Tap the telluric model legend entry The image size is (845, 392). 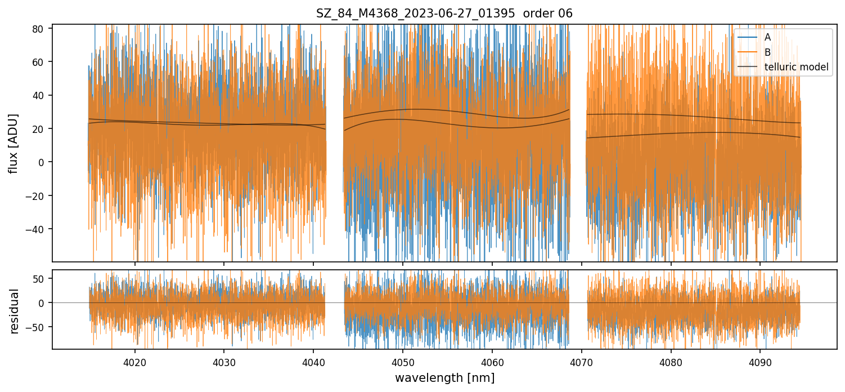pyautogui.click(x=796, y=68)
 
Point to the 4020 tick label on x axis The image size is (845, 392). pyautogui.click(x=135, y=363)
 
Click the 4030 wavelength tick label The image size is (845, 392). pyautogui.click(x=224, y=363)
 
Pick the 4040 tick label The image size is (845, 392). pyautogui.click(x=313, y=363)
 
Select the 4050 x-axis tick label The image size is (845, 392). pyautogui.click(x=403, y=363)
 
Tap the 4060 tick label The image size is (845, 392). pyautogui.click(x=492, y=363)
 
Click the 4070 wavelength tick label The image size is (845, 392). pyautogui.click(x=581, y=363)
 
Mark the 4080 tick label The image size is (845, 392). pyautogui.click(x=671, y=363)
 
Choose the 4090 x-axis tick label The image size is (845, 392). pyautogui.click(x=760, y=363)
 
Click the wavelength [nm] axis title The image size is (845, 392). pyautogui.click(x=444, y=378)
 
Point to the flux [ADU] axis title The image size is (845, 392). pyautogui.click(x=14, y=143)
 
